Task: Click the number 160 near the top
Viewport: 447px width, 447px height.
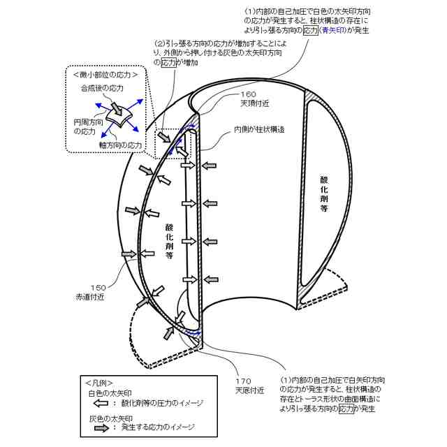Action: [x=249, y=94]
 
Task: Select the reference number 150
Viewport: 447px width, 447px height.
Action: [x=98, y=287]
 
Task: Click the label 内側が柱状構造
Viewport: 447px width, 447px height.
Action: [x=259, y=129]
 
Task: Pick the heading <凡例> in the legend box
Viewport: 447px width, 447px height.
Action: [x=97, y=383]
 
